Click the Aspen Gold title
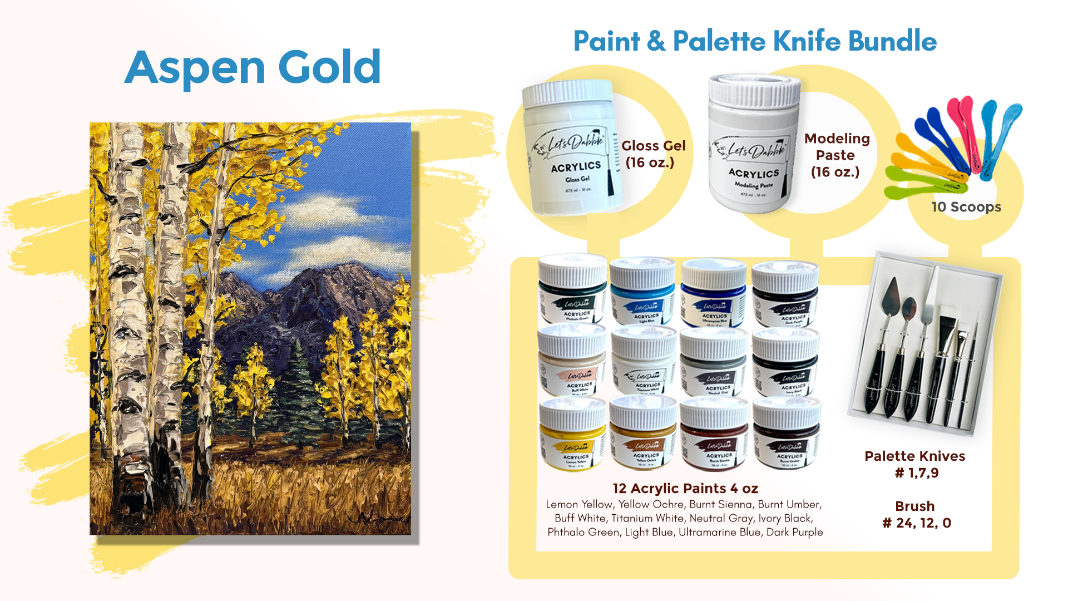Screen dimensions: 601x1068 253,67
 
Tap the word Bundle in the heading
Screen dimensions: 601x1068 892,41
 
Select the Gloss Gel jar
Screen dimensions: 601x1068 573,147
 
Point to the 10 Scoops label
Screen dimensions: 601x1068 966,207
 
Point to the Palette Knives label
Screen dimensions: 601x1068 914,456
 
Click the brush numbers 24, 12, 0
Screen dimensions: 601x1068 917,523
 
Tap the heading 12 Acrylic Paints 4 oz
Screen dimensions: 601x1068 685,489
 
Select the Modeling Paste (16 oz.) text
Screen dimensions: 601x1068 836,155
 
